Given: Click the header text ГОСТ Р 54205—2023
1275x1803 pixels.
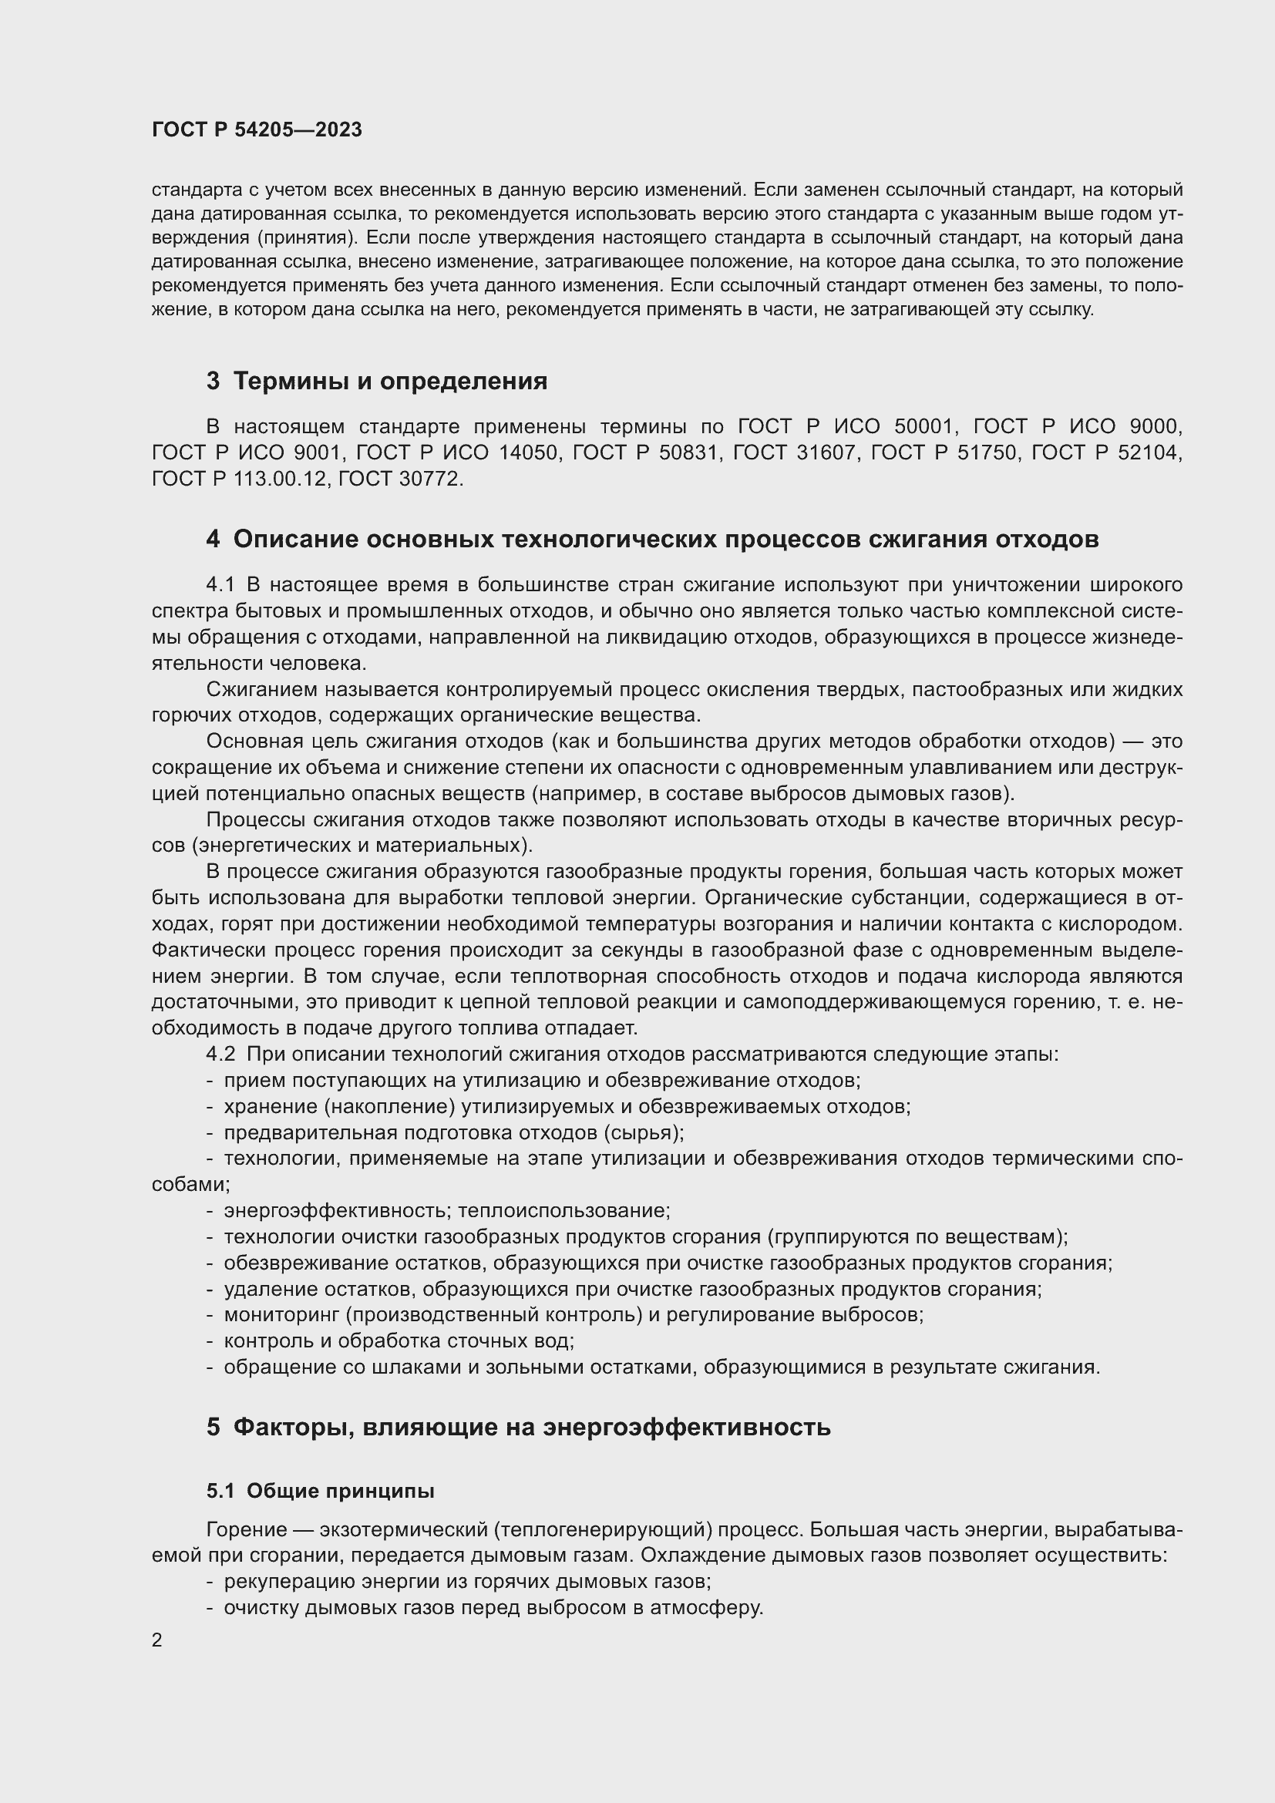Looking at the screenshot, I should click(x=257, y=130).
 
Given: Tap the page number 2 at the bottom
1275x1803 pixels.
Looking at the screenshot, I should click(x=157, y=1640).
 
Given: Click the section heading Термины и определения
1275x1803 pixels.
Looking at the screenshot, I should click(x=390, y=382).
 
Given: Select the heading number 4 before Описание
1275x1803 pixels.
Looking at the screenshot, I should click(x=213, y=540).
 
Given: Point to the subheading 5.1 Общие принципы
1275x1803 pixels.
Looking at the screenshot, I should click(x=321, y=1491).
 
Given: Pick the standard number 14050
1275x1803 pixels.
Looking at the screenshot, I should click(x=528, y=453).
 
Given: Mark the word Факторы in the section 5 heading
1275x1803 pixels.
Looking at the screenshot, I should click(x=281, y=1427).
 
